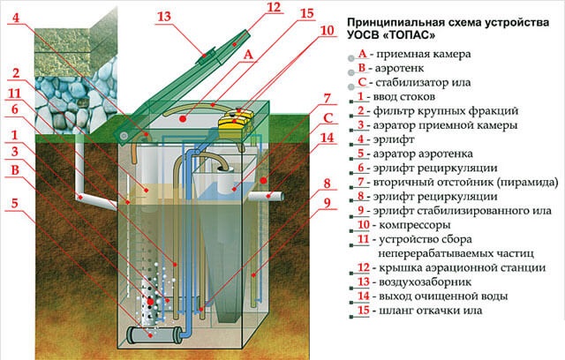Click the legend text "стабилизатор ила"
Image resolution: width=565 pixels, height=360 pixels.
424,84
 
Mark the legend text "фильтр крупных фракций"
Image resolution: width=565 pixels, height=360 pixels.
439,115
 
